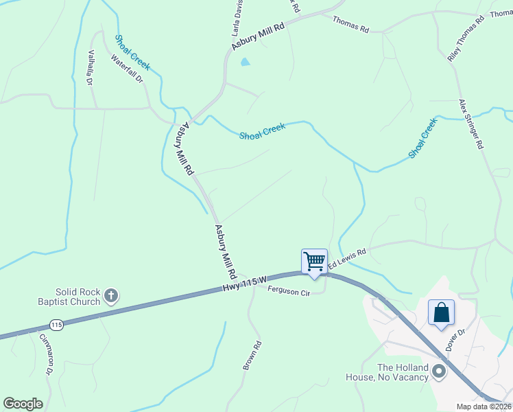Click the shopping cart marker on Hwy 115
click(x=314, y=262)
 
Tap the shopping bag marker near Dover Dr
click(x=441, y=312)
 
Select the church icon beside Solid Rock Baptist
click(x=110, y=297)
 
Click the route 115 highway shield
click(x=57, y=324)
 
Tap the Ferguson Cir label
click(x=289, y=291)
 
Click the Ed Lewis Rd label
click(x=347, y=259)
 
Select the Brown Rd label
click(x=252, y=356)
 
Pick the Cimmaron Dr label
click(x=45, y=353)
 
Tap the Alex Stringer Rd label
click(x=472, y=124)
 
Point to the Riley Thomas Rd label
click(x=466, y=38)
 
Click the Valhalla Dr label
click(x=90, y=67)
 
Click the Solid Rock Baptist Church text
click(x=69, y=297)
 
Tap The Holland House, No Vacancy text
click(x=393, y=371)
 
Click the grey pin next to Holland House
click(x=440, y=372)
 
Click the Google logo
click(x=23, y=404)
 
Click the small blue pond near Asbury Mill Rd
click(x=245, y=62)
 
